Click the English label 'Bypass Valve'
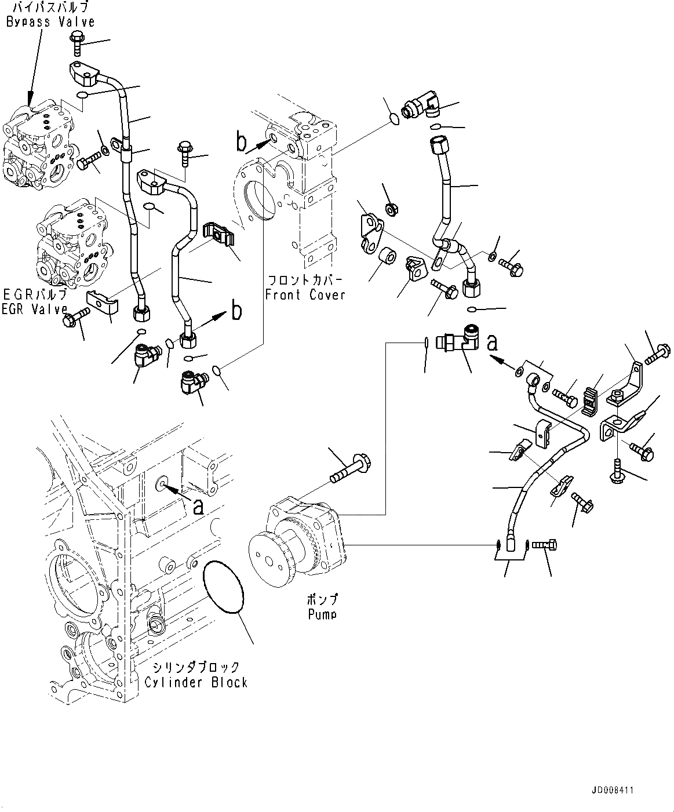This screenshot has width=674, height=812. point(50,22)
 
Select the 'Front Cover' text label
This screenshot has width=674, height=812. point(305,294)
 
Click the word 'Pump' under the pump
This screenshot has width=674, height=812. point(322,613)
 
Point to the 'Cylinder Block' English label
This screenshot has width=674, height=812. point(196,682)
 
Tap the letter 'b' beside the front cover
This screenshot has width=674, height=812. point(241,141)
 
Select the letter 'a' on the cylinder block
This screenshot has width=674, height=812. point(198,507)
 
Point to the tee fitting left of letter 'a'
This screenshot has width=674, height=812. point(458,343)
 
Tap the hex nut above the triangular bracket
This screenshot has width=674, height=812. point(391,209)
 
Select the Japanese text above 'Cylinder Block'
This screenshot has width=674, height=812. point(196,668)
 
